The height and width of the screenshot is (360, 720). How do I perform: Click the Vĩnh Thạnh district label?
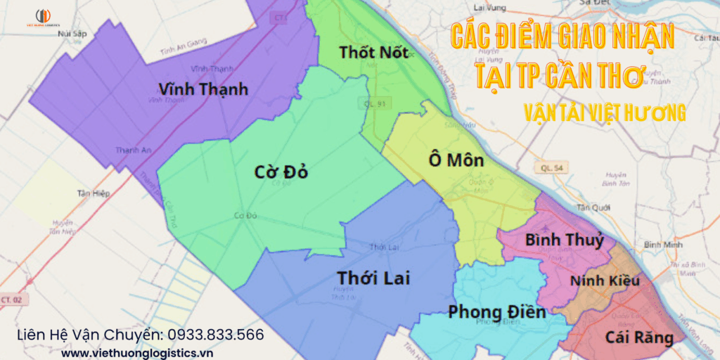(x=204, y=89)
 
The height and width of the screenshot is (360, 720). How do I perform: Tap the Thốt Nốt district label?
(x=373, y=52)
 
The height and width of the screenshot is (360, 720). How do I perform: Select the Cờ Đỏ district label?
(x=281, y=172)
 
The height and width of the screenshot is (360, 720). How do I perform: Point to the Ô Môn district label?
(x=456, y=160)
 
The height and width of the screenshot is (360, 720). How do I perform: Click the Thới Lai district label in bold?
(x=373, y=277)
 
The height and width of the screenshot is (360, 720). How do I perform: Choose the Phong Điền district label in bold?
(x=497, y=311)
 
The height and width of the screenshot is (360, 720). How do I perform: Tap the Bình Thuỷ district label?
(x=565, y=240)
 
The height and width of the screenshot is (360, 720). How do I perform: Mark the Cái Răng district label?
(x=639, y=337)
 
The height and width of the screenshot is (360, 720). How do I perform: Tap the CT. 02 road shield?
(x=10, y=300)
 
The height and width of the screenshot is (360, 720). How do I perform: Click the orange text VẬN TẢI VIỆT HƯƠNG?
(x=605, y=112)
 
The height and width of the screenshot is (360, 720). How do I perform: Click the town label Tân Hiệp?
(x=96, y=193)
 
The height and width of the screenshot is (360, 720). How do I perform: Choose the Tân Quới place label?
(x=591, y=207)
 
